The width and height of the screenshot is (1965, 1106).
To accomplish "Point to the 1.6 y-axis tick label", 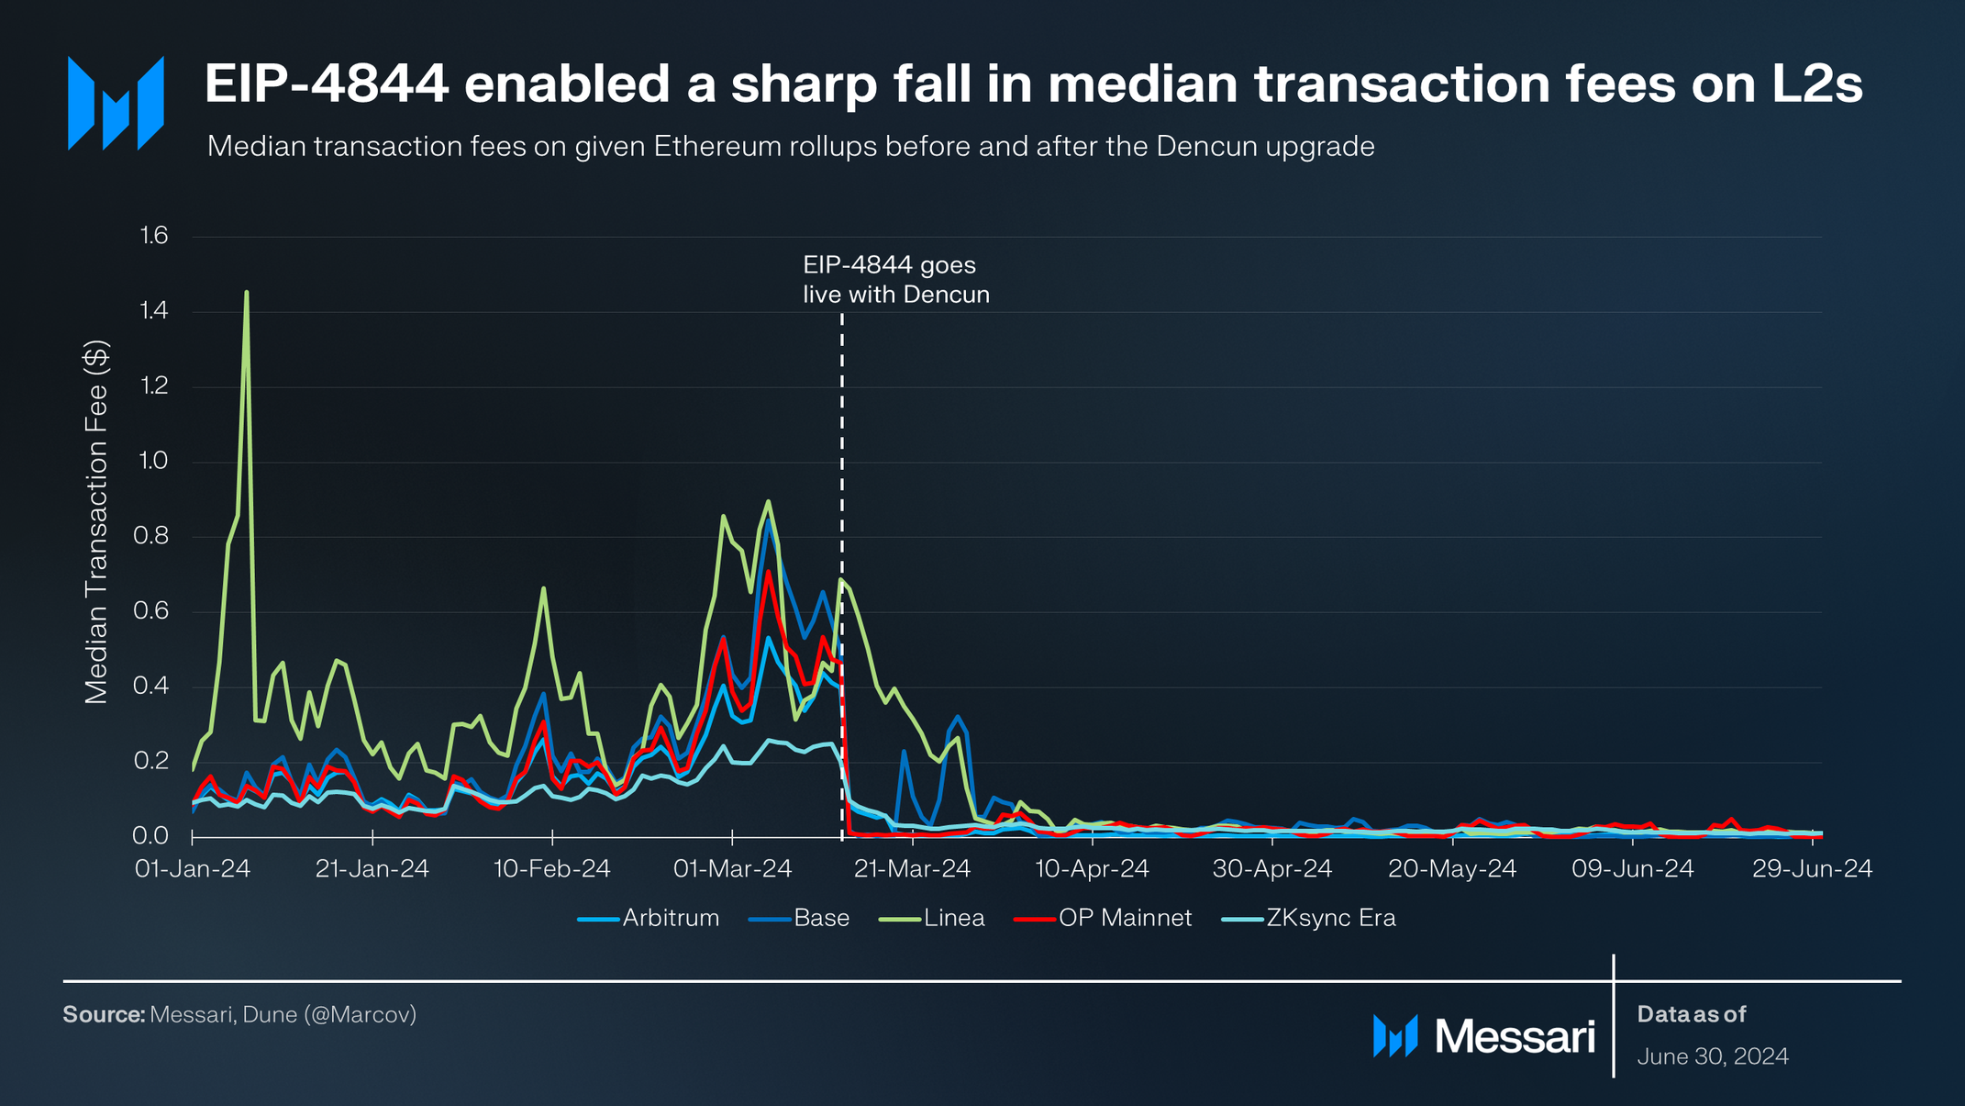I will coord(154,236).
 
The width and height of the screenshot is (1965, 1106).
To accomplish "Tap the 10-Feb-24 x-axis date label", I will coord(551,868).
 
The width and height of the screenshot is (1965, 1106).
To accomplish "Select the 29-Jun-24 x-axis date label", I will coord(1812,868).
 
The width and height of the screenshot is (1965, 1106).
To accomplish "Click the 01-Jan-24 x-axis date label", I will coord(193,868).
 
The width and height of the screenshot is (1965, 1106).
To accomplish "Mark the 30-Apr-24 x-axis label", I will coord(1271,868).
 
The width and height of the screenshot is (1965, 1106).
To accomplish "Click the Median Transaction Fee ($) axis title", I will coord(96,521).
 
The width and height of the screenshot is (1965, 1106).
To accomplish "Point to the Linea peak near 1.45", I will coord(247,294).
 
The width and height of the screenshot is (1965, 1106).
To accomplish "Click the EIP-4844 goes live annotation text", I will coord(895,280).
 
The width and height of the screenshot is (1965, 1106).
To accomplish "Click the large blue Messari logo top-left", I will coord(116,103).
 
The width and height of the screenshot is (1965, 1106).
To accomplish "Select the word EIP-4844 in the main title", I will coord(327,84).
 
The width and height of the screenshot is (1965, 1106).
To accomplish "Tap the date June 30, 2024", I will coord(1712,1056).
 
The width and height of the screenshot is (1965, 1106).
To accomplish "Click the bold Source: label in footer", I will coord(104,1014).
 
